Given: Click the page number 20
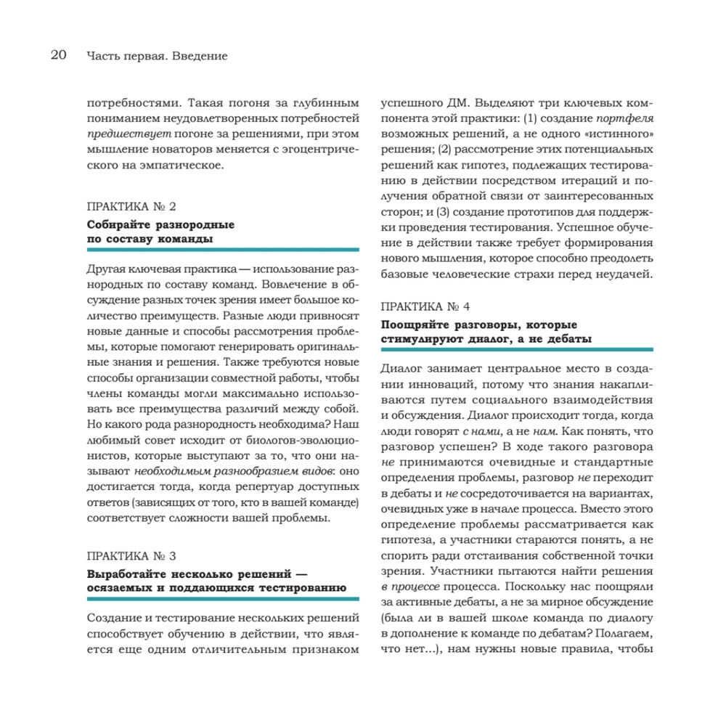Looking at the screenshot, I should [x=58, y=55].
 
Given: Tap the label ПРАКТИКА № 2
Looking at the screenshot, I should [x=131, y=207].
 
